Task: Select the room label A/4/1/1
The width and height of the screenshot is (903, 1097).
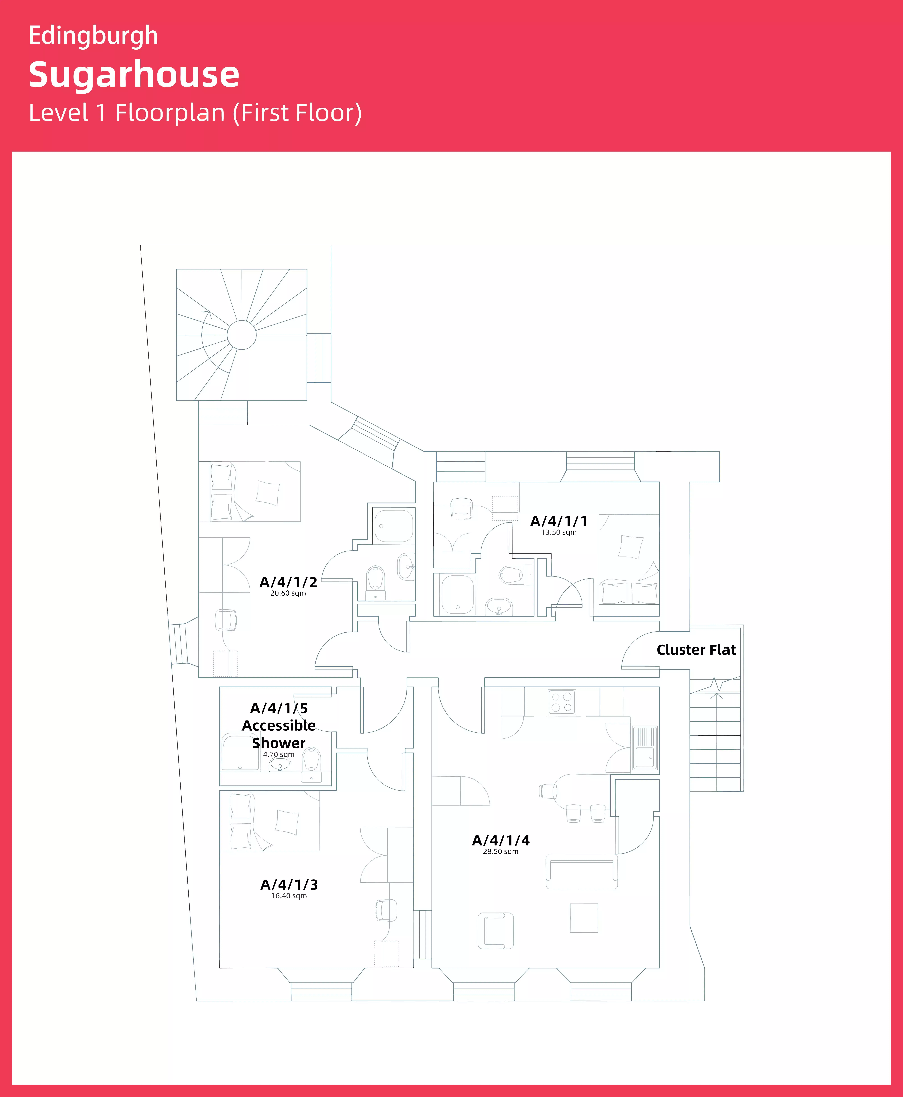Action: tap(559, 521)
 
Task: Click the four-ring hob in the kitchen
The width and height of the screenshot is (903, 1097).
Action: tap(562, 702)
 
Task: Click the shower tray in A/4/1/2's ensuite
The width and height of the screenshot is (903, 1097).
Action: tap(394, 526)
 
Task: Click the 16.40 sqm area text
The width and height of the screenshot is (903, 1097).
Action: tap(289, 896)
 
